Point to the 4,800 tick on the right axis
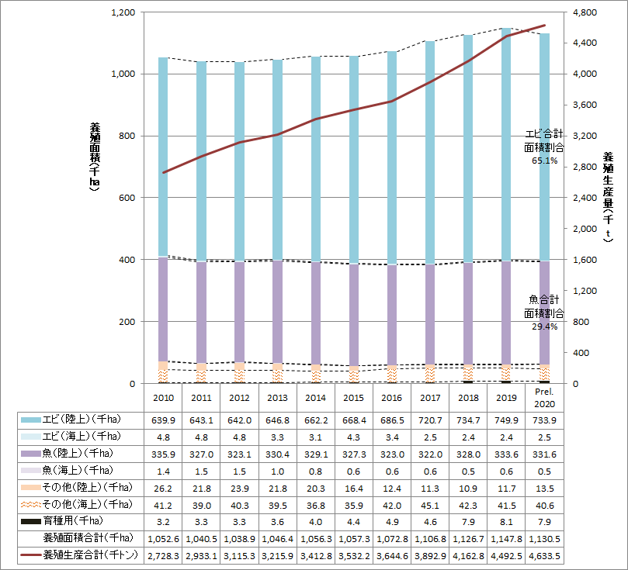point(583,13)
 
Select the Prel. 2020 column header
point(544,398)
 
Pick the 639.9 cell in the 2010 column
point(164,420)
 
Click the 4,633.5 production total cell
point(544,556)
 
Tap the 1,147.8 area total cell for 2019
point(506,537)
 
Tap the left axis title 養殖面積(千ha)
point(95,155)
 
